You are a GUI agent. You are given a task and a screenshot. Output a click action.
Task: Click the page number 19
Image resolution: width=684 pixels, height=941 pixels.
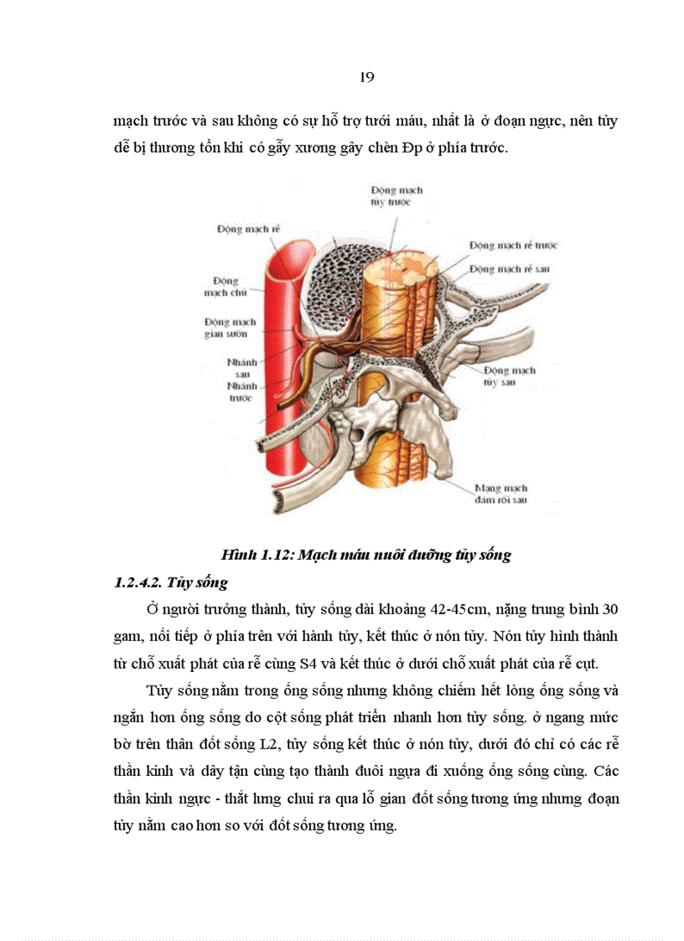tap(365, 77)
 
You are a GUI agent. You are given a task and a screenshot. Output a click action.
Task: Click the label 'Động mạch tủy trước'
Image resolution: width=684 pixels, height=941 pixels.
tap(396, 196)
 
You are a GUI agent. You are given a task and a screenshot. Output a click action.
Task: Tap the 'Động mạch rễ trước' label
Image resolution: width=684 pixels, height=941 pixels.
tap(513, 246)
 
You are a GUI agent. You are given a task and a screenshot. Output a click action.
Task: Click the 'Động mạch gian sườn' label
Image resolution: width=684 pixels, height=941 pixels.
tap(225, 327)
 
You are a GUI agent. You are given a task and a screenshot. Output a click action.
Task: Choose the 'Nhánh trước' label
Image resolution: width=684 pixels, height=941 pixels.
tap(240, 393)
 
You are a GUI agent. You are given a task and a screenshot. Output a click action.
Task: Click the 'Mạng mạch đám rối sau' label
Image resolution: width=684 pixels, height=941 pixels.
tap(500, 494)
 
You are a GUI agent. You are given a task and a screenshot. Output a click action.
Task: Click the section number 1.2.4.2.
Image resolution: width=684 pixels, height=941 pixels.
tap(141, 582)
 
